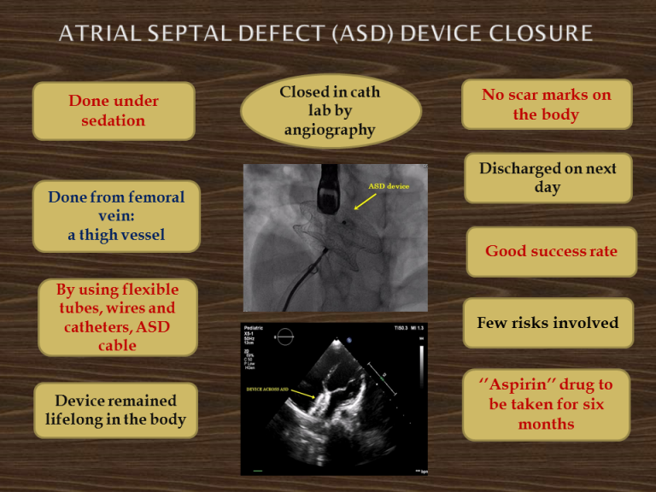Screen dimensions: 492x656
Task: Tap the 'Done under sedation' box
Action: pyautogui.click(x=114, y=111)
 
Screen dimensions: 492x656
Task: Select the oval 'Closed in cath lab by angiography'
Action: pyautogui.click(x=331, y=110)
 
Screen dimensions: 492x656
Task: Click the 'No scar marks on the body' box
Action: pyautogui.click(x=547, y=105)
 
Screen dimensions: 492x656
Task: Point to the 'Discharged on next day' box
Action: pyautogui.click(x=548, y=178)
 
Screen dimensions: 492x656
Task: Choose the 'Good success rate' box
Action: pyautogui.click(x=551, y=251)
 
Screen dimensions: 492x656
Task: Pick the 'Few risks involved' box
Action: pyautogui.click(x=548, y=323)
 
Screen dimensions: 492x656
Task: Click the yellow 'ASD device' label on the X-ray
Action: pyautogui.click(x=389, y=186)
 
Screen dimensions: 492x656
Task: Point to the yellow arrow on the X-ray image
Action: pyautogui.click(x=366, y=201)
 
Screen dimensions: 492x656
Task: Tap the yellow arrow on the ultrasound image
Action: pyautogui.click(x=303, y=394)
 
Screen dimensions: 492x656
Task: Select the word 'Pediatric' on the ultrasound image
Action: pyautogui.click(x=256, y=329)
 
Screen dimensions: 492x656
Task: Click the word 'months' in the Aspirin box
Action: pyautogui.click(x=547, y=425)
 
